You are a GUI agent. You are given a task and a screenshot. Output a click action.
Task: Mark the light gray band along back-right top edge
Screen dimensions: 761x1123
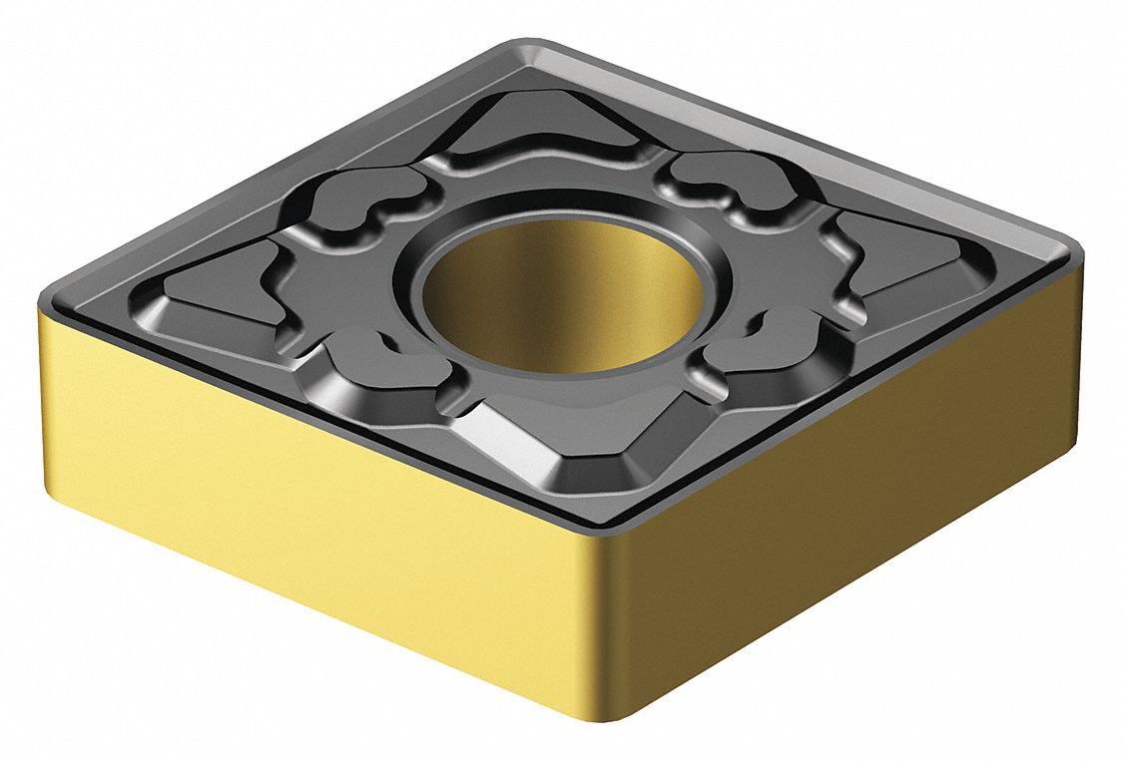tap(848, 150)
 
